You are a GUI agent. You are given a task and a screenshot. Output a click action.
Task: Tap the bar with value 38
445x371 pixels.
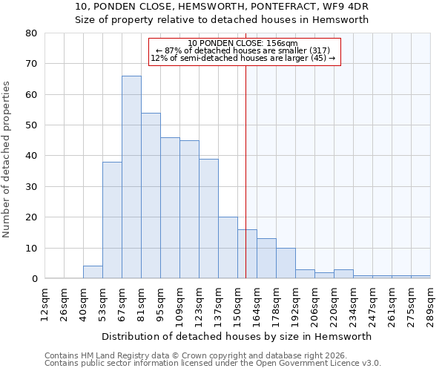point(112,220)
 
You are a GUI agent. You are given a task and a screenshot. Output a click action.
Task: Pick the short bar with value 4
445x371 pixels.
point(93,272)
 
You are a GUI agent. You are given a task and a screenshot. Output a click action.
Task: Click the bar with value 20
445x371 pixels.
point(228,247)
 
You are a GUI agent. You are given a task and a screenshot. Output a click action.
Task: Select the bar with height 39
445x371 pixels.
point(208,218)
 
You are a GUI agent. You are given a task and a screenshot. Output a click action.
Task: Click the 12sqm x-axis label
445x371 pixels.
point(44,303)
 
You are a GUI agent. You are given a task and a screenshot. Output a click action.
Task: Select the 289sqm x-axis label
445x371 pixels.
point(430,303)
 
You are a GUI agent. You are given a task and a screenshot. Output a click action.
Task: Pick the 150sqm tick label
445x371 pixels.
point(237,303)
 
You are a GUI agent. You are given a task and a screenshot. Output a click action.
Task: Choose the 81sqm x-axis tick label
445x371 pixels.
point(141,303)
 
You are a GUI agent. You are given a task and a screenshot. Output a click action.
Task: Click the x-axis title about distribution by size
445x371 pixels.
point(236,336)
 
